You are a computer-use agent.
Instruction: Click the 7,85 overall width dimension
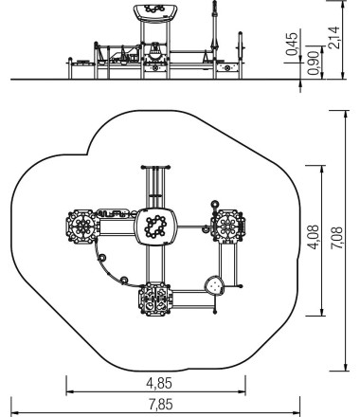[x=161, y=405]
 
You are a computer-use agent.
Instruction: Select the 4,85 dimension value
[x=159, y=383]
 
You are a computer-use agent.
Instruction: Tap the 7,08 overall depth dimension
[x=336, y=238]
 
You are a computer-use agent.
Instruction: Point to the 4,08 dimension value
[x=314, y=238]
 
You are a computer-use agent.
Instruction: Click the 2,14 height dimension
[x=333, y=38]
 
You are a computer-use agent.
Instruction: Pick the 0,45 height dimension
[x=292, y=44]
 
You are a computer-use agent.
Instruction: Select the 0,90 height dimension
[x=313, y=63]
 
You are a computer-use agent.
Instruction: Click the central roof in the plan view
[x=155, y=227]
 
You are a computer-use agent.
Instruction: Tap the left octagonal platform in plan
[x=82, y=227]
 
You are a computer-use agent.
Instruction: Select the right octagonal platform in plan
[x=228, y=227]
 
